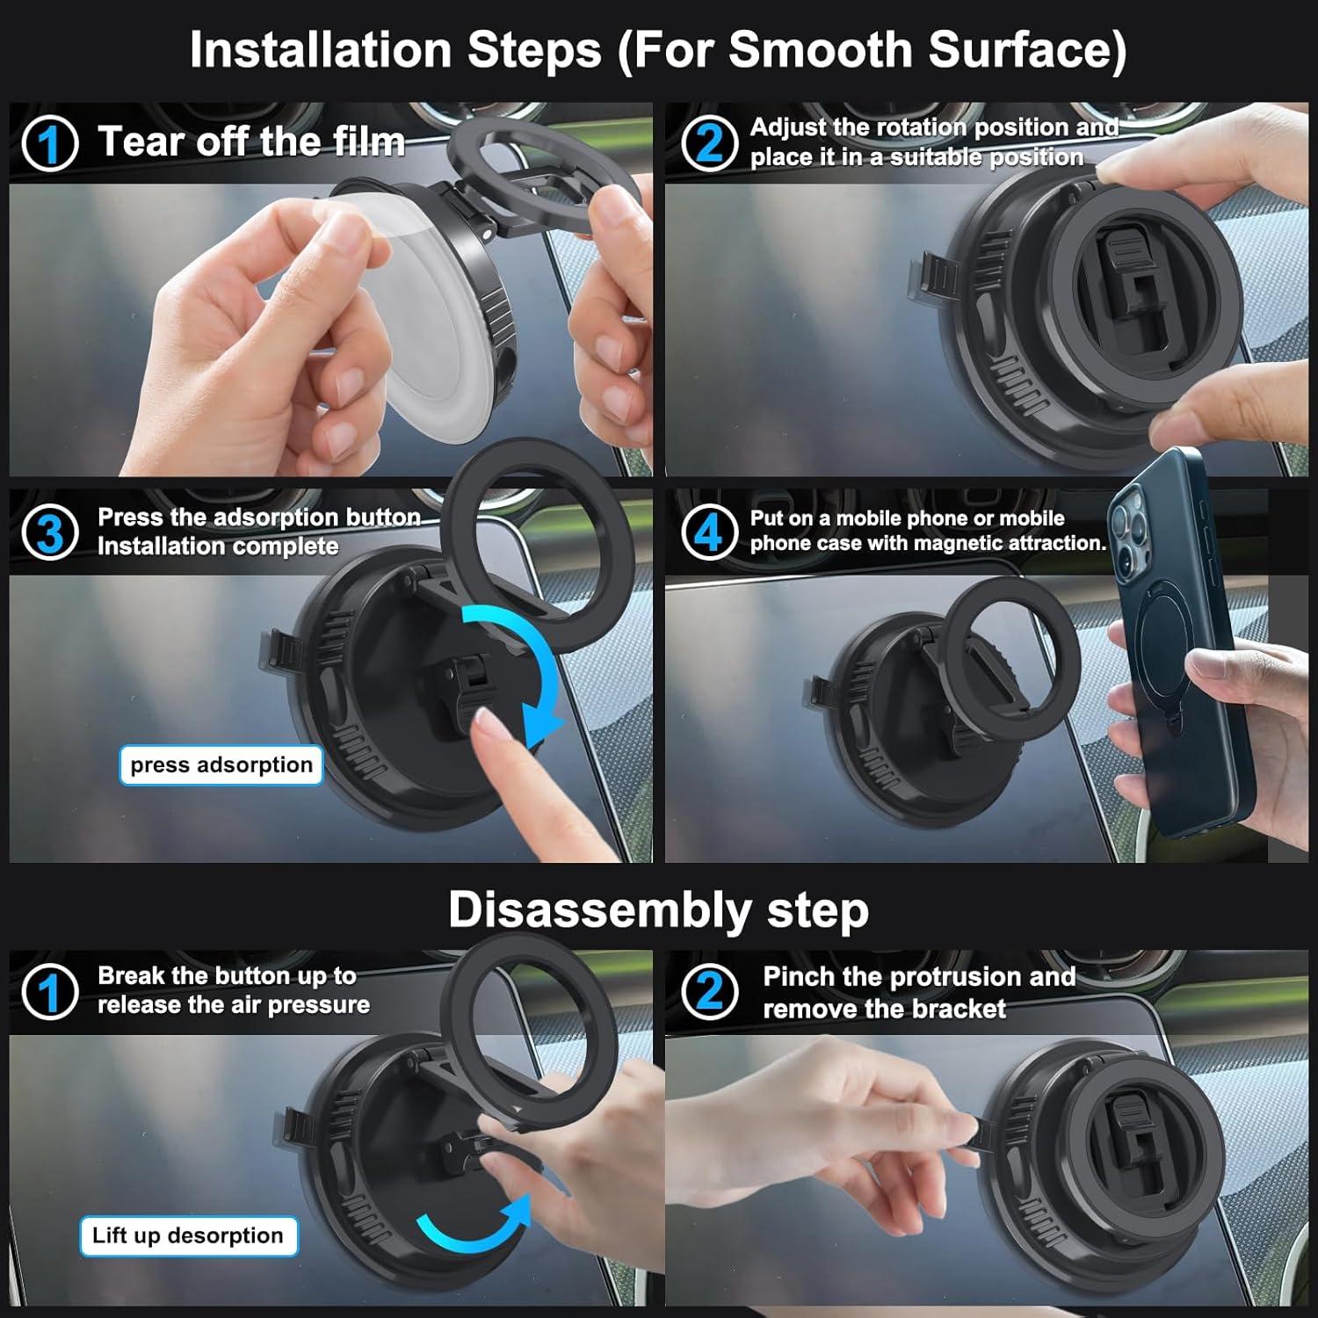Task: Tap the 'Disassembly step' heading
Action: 658,909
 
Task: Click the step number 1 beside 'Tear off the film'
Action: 50,144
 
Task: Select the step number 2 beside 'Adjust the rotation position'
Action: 708,142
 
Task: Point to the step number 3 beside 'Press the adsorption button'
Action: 50,533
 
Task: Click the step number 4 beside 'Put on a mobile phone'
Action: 708,531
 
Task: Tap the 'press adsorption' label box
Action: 221,765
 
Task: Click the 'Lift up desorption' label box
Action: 188,1236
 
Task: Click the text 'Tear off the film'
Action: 251,142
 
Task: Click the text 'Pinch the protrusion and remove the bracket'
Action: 918,992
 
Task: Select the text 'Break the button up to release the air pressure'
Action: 233,990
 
